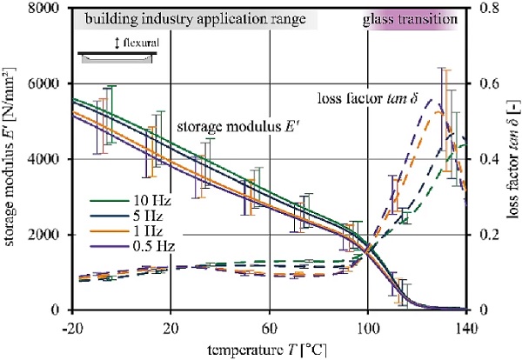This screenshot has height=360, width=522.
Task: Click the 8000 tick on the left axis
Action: pyautogui.click(x=51, y=9)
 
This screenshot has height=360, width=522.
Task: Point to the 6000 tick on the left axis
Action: pyautogui.click(x=51, y=84)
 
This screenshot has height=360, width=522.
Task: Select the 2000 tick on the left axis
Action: pyautogui.click(x=51, y=236)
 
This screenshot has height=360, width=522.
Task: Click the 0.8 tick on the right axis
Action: pyautogui.click(x=483, y=9)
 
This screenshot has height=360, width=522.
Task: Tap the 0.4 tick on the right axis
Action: pyautogui.click(x=483, y=160)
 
